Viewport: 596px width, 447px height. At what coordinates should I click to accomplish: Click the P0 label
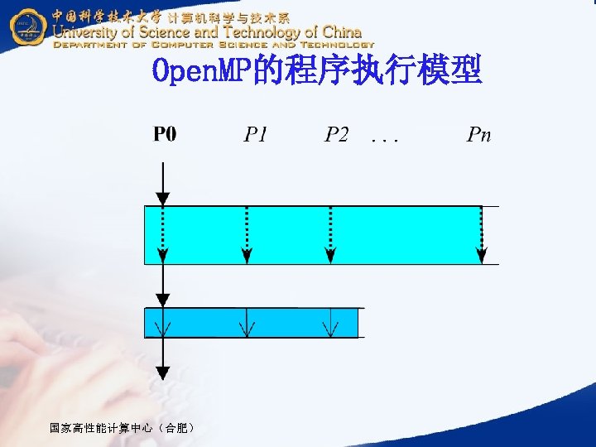tap(164, 134)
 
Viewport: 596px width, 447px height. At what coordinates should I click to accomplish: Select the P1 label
tap(256, 134)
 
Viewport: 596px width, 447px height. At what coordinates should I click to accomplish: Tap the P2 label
tap(336, 134)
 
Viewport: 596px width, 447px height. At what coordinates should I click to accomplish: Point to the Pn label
tap(478, 134)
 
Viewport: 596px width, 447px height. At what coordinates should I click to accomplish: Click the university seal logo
tap(28, 27)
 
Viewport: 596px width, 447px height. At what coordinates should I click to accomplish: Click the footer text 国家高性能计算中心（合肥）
tap(123, 428)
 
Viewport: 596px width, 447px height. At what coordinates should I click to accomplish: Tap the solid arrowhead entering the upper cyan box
tap(163, 198)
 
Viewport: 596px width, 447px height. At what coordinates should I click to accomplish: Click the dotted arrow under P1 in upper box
tap(247, 236)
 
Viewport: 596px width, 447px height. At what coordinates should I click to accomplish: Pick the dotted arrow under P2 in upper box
tap(331, 236)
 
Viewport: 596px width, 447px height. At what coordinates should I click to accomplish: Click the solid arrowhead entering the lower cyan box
tap(163, 300)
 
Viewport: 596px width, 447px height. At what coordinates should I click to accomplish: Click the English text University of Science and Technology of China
tap(207, 31)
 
